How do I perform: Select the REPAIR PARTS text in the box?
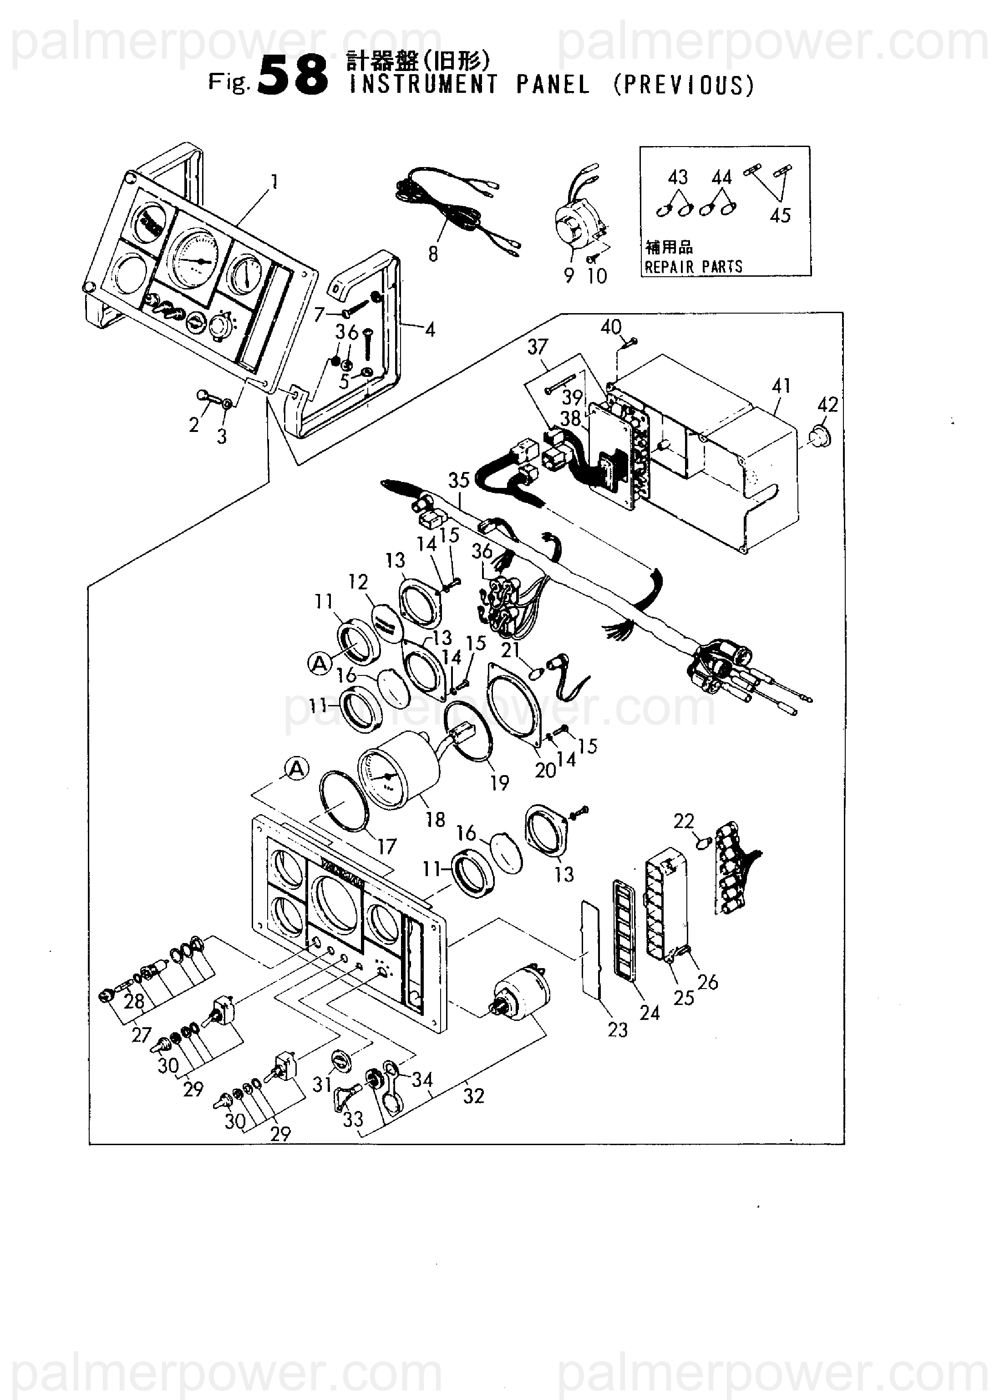pyautogui.click(x=693, y=267)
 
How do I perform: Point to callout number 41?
pyautogui.click(x=781, y=386)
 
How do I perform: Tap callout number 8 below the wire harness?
pyautogui.click(x=433, y=254)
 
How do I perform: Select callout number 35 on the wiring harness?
pyautogui.click(x=459, y=480)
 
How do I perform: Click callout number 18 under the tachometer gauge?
pyautogui.click(x=435, y=819)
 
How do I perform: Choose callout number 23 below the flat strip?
pyautogui.click(x=617, y=1030)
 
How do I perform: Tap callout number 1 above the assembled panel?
pyautogui.click(x=274, y=182)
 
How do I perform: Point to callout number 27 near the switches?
pyautogui.click(x=141, y=1035)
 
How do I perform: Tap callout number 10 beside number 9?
pyautogui.click(x=597, y=276)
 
